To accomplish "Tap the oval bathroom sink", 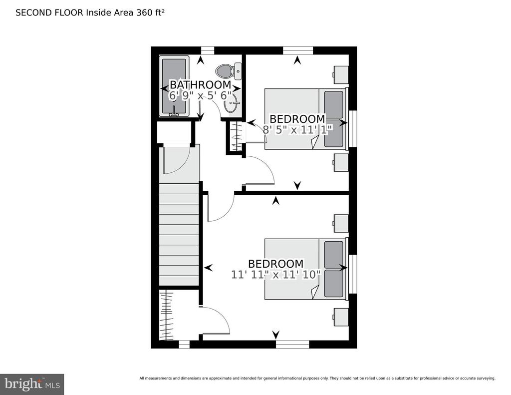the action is [x=232, y=104].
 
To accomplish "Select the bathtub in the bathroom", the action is [x=174, y=86].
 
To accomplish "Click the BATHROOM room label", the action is [x=201, y=85].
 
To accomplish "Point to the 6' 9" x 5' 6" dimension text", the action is [x=201, y=96].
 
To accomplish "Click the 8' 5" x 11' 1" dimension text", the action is [x=297, y=130].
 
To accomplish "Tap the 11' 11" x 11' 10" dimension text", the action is [x=276, y=275].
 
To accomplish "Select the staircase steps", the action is [x=179, y=235].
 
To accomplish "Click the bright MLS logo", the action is [x=32, y=384].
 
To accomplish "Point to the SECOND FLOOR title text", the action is [x=50, y=12].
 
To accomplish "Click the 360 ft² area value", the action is [x=150, y=12].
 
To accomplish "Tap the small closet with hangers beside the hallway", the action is [x=236, y=136].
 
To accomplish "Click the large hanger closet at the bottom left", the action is [x=166, y=315].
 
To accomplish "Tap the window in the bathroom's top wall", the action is [x=207, y=50].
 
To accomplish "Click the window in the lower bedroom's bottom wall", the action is [x=292, y=344].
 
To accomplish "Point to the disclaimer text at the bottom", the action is [x=317, y=379].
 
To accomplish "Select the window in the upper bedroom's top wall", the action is [x=298, y=50].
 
